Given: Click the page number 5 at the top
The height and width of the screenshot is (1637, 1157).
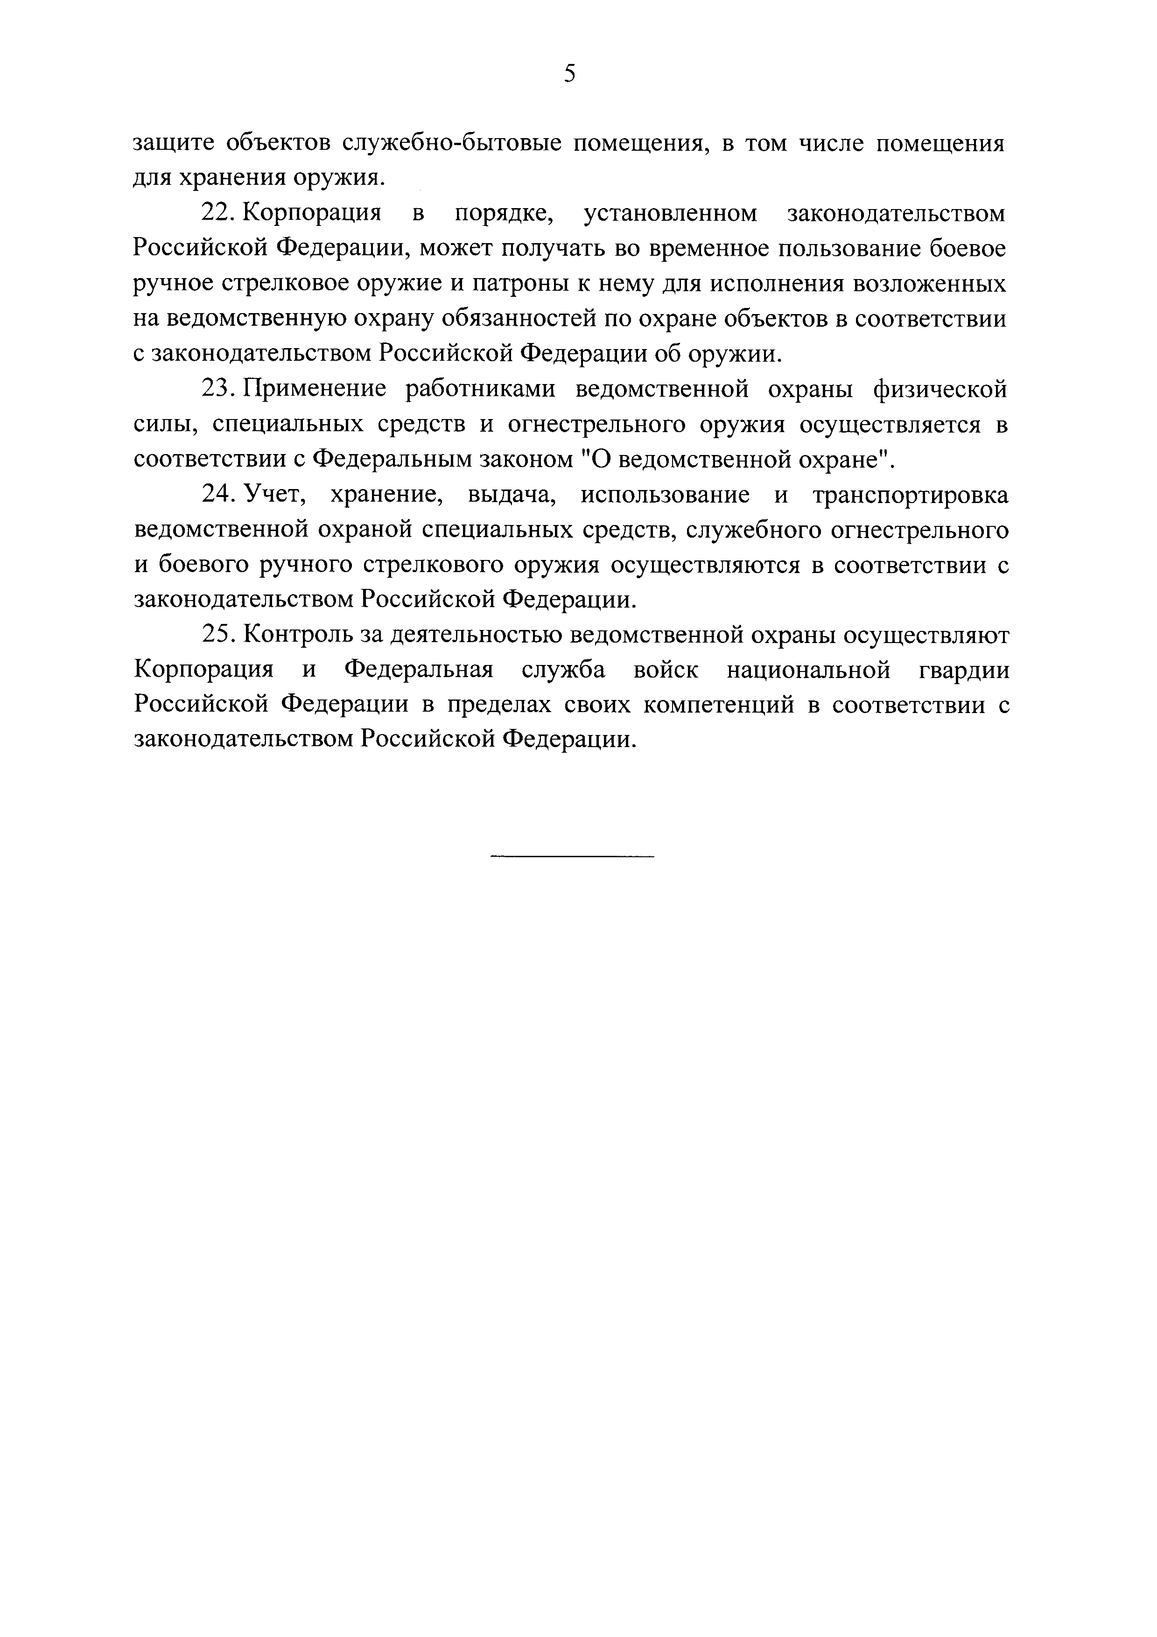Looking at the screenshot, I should [x=569, y=73].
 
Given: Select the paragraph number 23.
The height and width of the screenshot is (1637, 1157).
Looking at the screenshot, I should [x=219, y=389].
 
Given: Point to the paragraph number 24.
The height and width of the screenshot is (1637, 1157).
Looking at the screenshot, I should [x=219, y=494].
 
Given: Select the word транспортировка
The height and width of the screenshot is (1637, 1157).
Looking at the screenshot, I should [x=911, y=494].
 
